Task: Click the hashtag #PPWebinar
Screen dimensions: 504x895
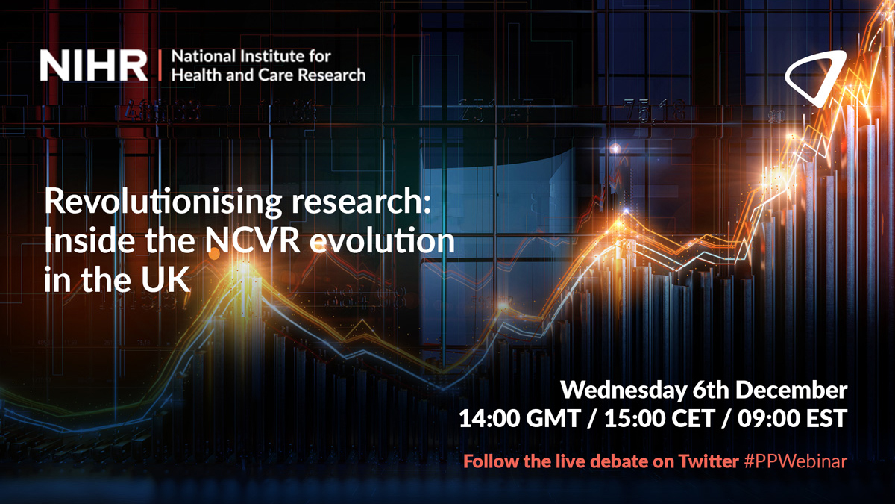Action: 795,462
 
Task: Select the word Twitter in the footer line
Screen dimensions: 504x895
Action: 709,462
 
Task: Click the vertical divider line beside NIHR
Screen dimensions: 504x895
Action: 160,66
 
